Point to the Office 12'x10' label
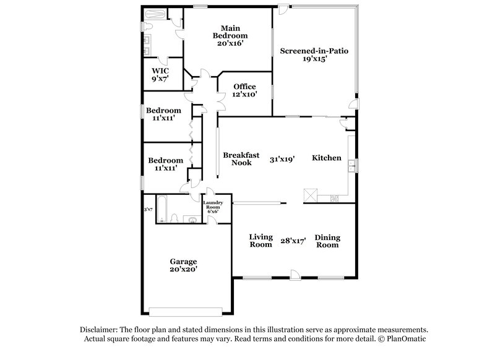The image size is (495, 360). pos(244,90)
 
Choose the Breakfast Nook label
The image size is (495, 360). pos(241,159)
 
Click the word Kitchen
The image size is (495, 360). pos(326,158)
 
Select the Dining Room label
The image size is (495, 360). pos(327,241)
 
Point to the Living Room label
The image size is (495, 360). pos(260,241)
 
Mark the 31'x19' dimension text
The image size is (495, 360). pos(282,159)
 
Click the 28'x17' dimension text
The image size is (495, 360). pos(293,241)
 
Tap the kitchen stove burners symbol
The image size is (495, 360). pos(334,198)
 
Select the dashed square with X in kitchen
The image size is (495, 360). pos(309,195)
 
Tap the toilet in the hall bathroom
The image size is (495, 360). pos(175,218)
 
